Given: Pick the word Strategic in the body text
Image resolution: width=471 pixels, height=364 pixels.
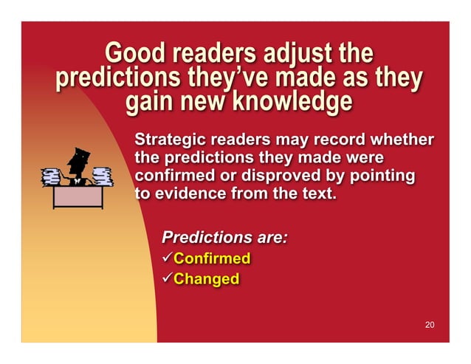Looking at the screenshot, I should pyautogui.click(x=168, y=140).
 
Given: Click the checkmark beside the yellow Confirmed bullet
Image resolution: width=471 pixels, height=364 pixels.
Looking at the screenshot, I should pyautogui.click(x=166, y=258).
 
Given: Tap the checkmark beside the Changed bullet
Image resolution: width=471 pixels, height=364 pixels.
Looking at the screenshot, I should pyautogui.click(x=166, y=278).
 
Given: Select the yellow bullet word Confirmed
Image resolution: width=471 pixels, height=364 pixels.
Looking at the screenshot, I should pyautogui.click(x=211, y=259).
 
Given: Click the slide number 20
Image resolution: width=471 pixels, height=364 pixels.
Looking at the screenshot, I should pyautogui.click(x=430, y=326).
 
